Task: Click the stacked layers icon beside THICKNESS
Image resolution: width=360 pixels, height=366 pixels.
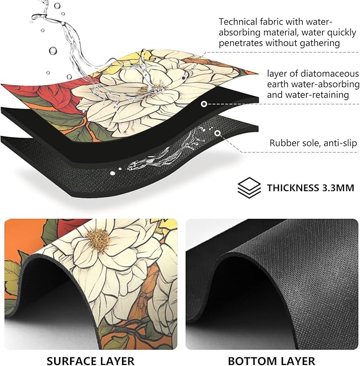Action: [249, 188]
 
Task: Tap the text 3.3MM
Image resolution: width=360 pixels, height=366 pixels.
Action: [338, 188]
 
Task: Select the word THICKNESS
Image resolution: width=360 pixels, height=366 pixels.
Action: [293, 188]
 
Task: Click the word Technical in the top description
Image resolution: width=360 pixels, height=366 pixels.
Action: [238, 22]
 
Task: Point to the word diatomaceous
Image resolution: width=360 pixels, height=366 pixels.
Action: [330, 74]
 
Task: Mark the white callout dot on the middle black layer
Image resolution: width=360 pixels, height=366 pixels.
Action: [204, 104]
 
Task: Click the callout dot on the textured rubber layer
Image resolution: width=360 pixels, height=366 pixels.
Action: [217, 133]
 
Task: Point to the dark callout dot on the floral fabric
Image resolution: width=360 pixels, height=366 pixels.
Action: [183, 78]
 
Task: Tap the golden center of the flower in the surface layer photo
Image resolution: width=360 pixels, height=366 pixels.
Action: [99, 241]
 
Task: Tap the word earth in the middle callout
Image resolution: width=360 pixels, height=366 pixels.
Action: [277, 84]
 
